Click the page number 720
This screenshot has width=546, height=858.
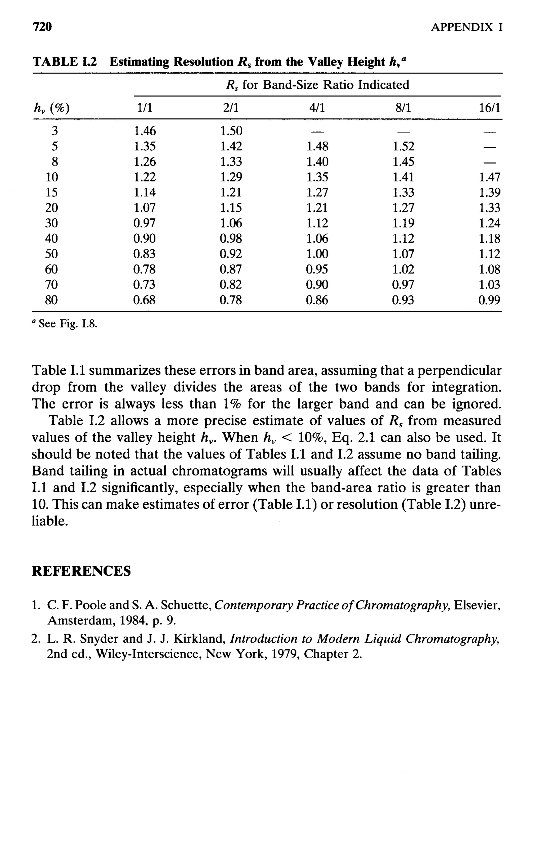pyautogui.click(x=42, y=27)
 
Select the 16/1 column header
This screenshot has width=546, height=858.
pyautogui.click(x=489, y=108)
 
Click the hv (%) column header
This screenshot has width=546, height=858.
pyautogui.click(x=51, y=108)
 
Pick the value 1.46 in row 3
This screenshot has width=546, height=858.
pyautogui.click(x=144, y=131)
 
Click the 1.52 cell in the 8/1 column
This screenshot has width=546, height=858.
pyautogui.click(x=403, y=147)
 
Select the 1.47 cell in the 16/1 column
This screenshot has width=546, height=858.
pyautogui.click(x=489, y=177)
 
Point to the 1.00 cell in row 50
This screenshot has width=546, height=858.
pyautogui.click(x=317, y=254)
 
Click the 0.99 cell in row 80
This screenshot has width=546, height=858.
pyautogui.click(x=489, y=300)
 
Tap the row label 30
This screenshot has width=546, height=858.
pyautogui.click(x=51, y=223)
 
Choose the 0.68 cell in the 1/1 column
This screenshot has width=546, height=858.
pyautogui.click(x=144, y=300)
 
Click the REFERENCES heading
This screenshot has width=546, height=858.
pyautogui.click(x=81, y=571)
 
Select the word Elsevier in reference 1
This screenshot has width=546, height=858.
pyautogui.click(x=477, y=605)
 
